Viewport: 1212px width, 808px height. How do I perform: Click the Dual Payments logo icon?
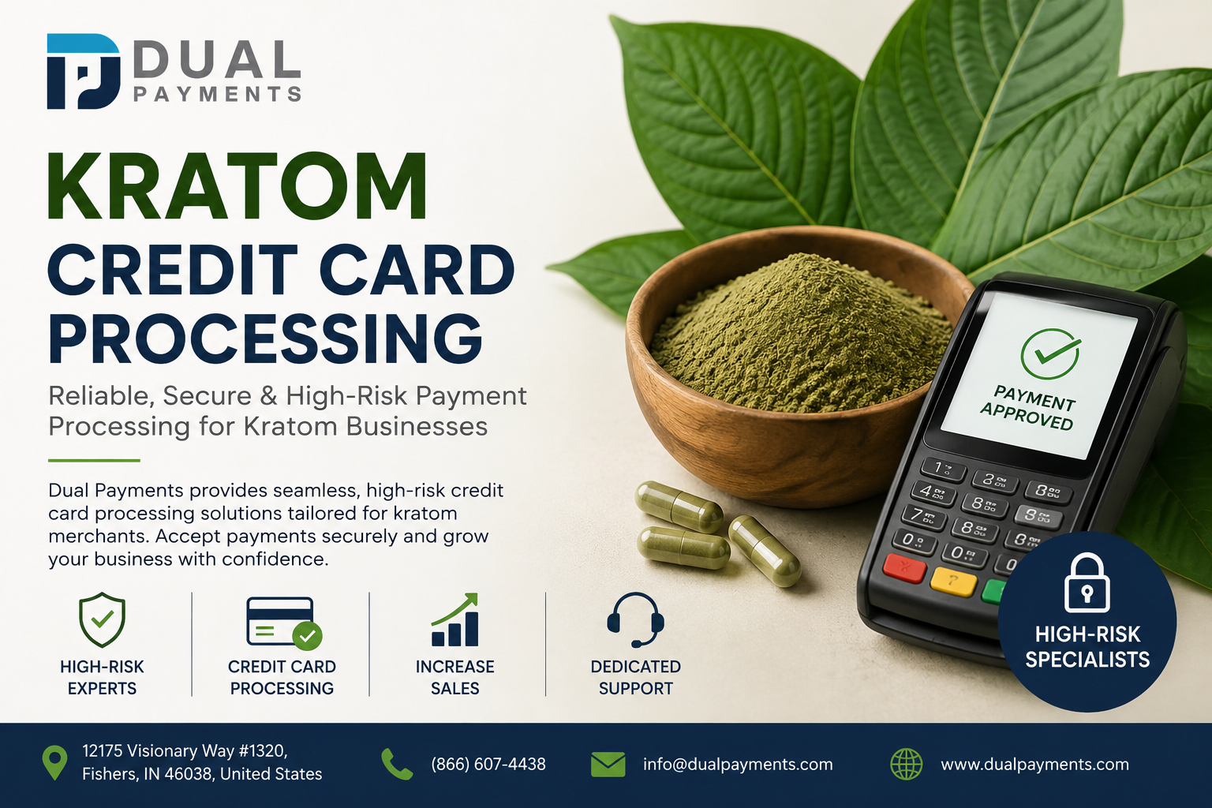[84, 72]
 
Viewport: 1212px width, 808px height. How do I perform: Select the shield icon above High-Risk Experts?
[102, 619]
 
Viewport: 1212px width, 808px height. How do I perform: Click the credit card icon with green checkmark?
[284, 623]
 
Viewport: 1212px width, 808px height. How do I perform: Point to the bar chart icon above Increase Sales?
[455, 619]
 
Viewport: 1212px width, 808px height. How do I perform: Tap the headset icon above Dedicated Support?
[635, 619]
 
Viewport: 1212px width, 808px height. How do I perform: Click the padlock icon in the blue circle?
[1087, 583]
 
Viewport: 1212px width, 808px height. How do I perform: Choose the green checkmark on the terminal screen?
[1050, 354]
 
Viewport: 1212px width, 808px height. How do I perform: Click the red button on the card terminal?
[904, 568]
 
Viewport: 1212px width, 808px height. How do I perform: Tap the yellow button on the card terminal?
[953, 582]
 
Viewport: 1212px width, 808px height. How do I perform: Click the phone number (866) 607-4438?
[488, 764]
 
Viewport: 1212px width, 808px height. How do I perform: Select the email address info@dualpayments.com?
[738, 764]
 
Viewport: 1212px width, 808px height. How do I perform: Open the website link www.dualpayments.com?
[1034, 764]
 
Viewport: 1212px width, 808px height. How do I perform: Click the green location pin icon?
[54, 762]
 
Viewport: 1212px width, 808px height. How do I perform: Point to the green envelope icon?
[608, 764]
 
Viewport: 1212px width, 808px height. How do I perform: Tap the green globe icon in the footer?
[907, 764]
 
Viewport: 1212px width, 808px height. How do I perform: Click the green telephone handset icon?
[397, 764]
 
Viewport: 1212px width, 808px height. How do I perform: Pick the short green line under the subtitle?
[94, 461]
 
